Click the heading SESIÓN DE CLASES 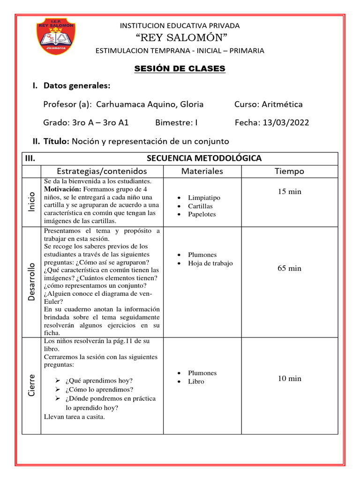click(180, 69)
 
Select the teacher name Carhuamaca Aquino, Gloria click(150, 104)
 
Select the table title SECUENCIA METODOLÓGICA click(204, 158)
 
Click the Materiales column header click(202, 171)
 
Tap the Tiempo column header click(289, 171)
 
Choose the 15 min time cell click(289, 192)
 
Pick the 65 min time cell click(289, 268)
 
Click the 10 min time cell click(289, 378)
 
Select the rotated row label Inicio click(31, 202)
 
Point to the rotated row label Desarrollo click(31, 281)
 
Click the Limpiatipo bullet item click(204, 198)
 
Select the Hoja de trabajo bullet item click(210, 263)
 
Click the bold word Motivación click(63, 189)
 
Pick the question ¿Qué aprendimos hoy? click(99, 381)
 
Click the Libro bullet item click(196, 382)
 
